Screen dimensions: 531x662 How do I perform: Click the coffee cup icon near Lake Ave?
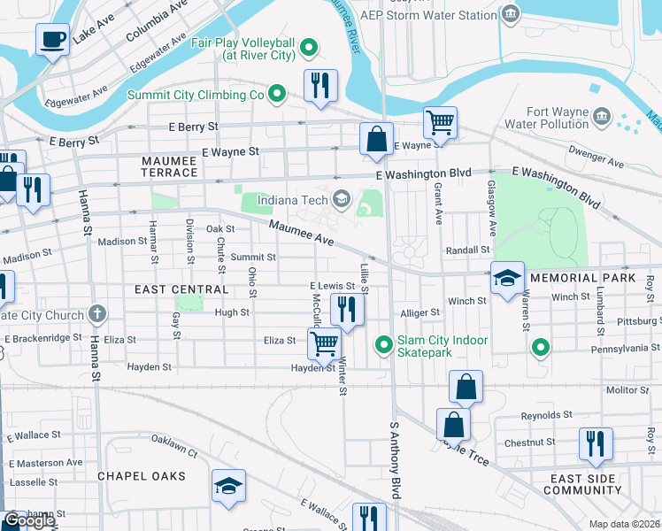(x=52, y=39)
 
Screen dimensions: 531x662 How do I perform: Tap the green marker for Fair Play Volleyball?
(x=310, y=47)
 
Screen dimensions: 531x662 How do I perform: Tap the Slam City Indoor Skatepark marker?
(x=383, y=345)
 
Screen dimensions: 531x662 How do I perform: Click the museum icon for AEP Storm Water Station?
(x=511, y=14)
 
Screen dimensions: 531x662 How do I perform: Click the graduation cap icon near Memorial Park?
(x=508, y=279)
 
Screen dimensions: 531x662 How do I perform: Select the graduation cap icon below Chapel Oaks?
(x=228, y=487)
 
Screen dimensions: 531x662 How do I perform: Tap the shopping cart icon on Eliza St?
(x=325, y=342)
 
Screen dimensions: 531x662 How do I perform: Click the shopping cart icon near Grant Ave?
(x=439, y=122)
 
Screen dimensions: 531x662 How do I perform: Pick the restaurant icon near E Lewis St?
(x=347, y=310)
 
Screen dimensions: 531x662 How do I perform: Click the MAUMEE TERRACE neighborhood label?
(x=169, y=166)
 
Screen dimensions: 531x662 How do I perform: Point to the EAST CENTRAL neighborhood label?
(x=170, y=289)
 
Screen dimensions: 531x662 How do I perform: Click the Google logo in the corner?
(x=28, y=519)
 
